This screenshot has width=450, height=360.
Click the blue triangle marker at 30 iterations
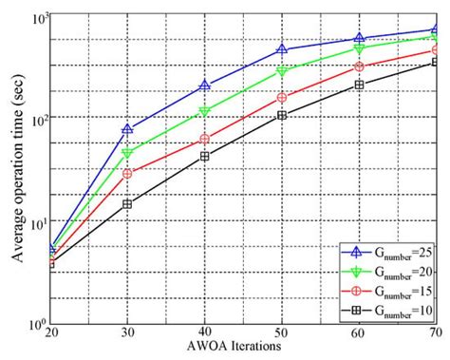[x=127, y=129]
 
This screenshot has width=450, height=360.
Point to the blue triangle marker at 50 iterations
[x=281, y=48]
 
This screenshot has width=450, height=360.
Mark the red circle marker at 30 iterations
[x=127, y=173]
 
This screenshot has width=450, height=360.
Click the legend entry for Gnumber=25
[x=386, y=252]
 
